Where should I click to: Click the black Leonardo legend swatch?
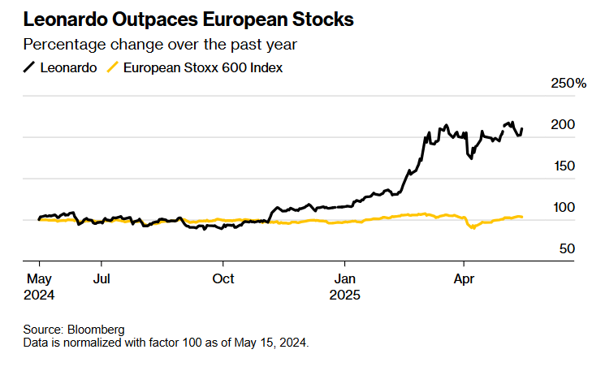[x=31, y=68]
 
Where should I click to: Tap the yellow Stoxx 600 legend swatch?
[x=114, y=68]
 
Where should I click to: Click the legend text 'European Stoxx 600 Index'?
[x=203, y=68]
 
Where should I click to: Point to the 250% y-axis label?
[x=568, y=83]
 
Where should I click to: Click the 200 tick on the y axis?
[x=563, y=124]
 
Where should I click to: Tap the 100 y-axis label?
[x=563, y=207]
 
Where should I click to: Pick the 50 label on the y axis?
[x=566, y=248]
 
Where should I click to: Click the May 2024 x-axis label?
[x=39, y=287]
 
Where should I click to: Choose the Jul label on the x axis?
[x=101, y=279]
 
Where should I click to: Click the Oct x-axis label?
[x=223, y=279]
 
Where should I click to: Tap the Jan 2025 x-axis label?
[x=344, y=287]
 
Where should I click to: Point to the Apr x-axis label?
[x=464, y=279]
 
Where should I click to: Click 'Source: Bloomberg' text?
[x=74, y=330]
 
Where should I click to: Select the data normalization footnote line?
[x=166, y=343]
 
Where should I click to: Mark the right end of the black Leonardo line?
[x=522, y=128]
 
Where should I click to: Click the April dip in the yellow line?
[x=472, y=228]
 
